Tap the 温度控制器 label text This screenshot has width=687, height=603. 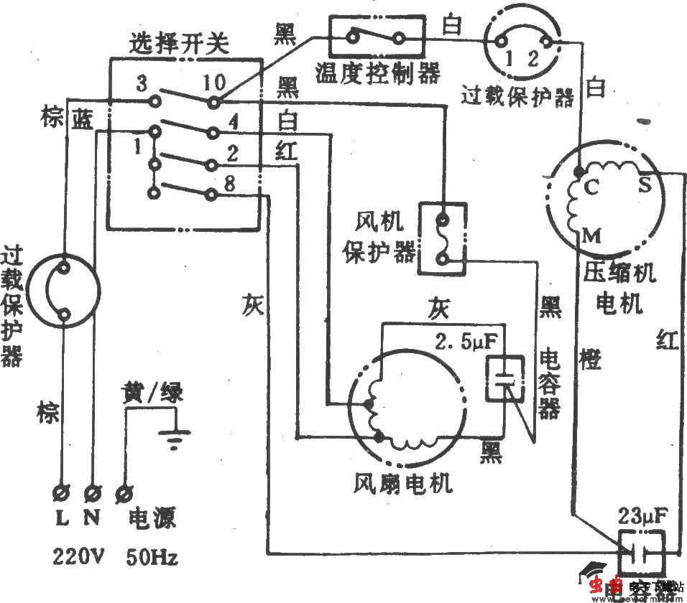(x=377, y=72)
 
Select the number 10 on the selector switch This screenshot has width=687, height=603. (x=213, y=83)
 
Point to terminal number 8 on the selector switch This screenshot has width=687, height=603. (x=229, y=184)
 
